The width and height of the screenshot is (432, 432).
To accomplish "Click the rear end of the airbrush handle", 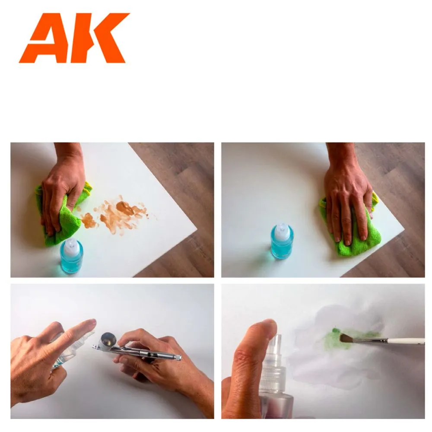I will pos(178,357).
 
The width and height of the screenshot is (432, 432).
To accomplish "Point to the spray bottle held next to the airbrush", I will pos(69,352).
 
